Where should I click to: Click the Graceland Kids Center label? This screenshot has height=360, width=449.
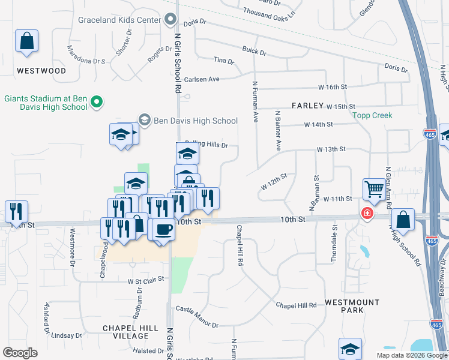click(x=119, y=20)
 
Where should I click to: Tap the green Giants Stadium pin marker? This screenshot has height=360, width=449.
click(x=95, y=103)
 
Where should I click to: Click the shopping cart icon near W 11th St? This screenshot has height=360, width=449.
click(x=374, y=190)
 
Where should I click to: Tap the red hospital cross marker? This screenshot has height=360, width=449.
click(x=366, y=213)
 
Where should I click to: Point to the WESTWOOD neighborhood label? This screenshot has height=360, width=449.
click(x=41, y=71)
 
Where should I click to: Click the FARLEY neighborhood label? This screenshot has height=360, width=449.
click(x=308, y=105)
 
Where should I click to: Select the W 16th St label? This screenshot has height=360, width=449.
click(x=333, y=87)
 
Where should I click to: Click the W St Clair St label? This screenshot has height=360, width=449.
click(x=146, y=280)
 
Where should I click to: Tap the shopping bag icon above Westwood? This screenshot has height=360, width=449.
click(x=27, y=41)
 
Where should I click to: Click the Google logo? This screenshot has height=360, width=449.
click(x=20, y=353)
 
